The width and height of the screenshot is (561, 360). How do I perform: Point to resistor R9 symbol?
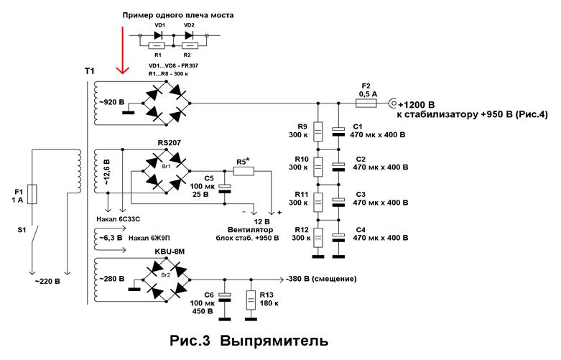click(x=318, y=132)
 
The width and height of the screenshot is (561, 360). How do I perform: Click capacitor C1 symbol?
click(x=338, y=132)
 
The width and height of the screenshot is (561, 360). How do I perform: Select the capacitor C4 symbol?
click(x=338, y=237)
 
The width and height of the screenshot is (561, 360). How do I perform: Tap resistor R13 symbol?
click(x=250, y=300)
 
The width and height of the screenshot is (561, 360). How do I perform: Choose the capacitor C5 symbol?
click(x=224, y=188)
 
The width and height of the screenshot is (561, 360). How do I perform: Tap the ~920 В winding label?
click(x=109, y=102)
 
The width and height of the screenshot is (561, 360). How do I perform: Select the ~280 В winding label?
click(x=109, y=279)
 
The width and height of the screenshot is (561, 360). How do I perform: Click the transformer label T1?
click(x=88, y=71)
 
